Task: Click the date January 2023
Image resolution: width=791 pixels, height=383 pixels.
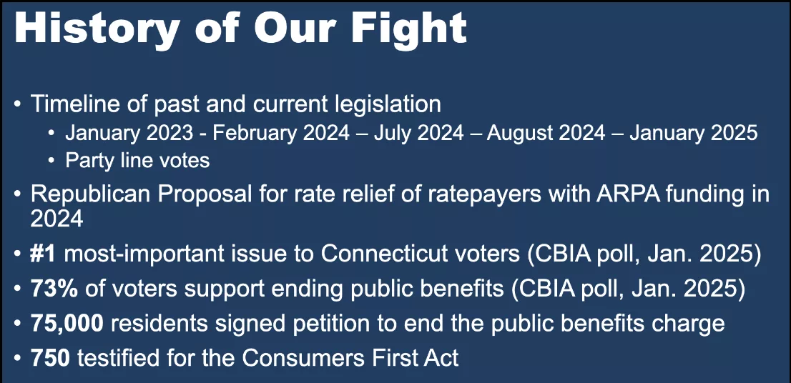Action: [129, 133]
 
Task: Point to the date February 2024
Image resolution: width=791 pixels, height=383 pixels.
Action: [282, 133]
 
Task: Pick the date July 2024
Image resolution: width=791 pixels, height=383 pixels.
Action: [418, 133]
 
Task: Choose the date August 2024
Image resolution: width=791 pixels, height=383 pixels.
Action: [546, 133]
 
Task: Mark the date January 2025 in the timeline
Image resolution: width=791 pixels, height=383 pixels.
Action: [694, 133]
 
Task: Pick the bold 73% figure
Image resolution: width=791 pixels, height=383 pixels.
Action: [54, 289]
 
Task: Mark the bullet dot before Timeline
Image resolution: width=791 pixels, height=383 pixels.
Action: [18, 105]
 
